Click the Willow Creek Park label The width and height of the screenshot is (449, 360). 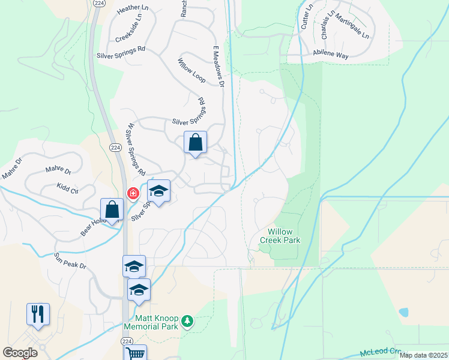click(280, 235)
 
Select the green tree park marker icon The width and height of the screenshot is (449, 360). click(187, 322)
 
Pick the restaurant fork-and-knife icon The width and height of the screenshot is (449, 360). click(38, 314)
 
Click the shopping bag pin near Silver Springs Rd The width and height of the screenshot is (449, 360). click(195, 143)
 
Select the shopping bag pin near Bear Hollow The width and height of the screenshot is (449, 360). click(112, 210)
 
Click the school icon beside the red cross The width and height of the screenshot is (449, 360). click(158, 191)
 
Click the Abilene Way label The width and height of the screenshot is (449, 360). click(330, 55)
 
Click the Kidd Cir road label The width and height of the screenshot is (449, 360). click(67, 190)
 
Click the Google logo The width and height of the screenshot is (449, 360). click(20, 352)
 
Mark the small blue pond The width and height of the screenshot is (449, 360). click(403, 312)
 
